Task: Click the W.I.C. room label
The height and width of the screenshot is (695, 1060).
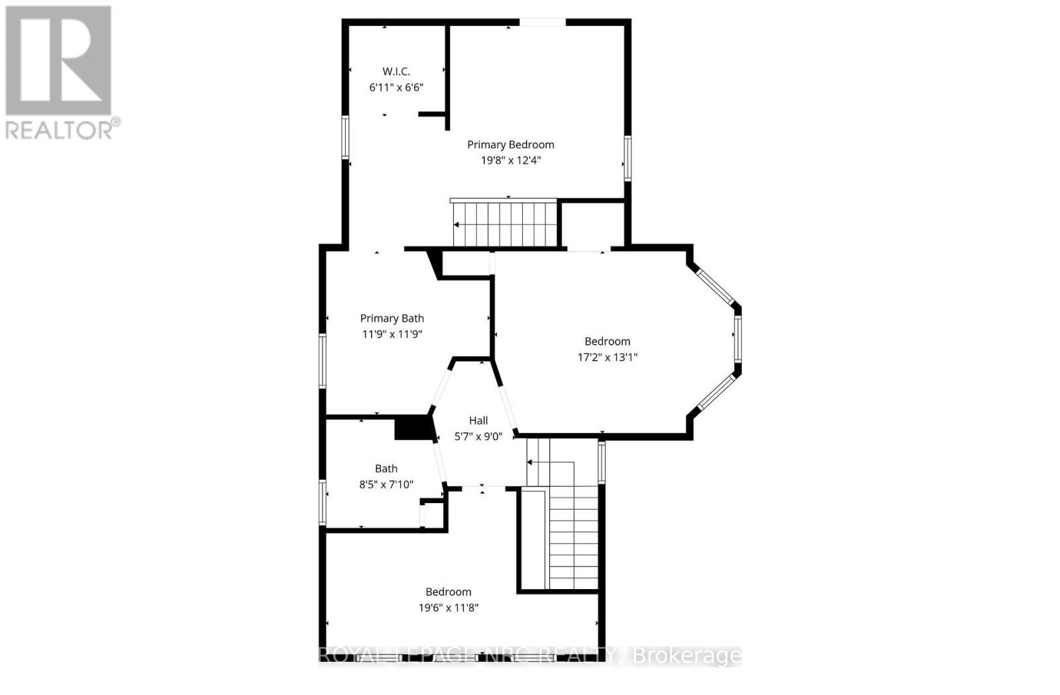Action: coord(396,71)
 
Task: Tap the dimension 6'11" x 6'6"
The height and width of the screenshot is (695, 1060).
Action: coord(396,87)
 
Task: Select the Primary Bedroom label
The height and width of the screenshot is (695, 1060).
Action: coord(510,144)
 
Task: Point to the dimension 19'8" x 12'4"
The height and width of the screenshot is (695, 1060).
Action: coord(510,160)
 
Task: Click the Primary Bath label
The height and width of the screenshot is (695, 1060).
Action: coord(392,318)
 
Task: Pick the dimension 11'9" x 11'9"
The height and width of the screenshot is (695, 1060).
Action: coord(392,334)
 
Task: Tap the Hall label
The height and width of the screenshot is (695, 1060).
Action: coord(478,420)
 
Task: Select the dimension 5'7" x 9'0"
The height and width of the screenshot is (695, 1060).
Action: coord(478,436)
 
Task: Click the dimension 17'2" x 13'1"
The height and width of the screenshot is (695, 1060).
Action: coord(607,357)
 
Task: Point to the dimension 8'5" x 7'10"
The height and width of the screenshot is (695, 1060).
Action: coord(386,485)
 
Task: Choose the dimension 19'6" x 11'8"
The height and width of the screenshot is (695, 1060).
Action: coord(448,608)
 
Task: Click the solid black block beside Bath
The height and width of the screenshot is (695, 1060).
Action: coord(413,427)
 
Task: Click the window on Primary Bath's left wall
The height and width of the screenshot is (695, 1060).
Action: coord(323,361)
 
